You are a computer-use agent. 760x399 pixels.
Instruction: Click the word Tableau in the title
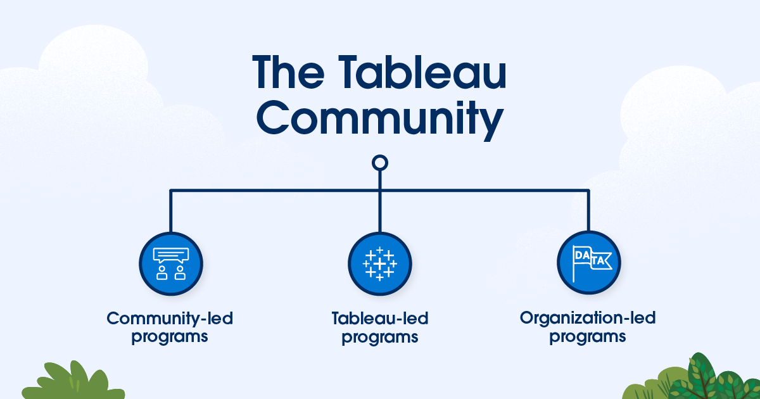pyautogui.click(x=422, y=72)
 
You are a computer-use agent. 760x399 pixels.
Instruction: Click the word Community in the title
pyautogui.click(x=380, y=120)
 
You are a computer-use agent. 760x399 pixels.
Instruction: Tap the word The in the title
pyautogui.click(x=288, y=72)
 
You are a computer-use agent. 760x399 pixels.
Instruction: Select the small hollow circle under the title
pyautogui.click(x=379, y=163)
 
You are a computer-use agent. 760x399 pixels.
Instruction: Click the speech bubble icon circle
pyautogui.click(x=171, y=263)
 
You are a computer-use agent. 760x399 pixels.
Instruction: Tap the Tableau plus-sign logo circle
pyautogui.click(x=379, y=263)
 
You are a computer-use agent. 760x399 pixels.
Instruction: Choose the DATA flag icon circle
pyautogui.click(x=588, y=263)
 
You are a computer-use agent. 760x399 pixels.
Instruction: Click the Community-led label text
pyautogui.click(x=170, y=319)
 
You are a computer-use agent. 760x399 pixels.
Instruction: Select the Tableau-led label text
pyautogui.click(x=379, y=319)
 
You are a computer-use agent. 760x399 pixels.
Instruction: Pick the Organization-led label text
pyautogui.click(x=588, y=318)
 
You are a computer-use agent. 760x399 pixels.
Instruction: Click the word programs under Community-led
pyautogui.click(x=170, y=337)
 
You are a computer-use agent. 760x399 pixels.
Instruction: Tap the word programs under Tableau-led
pyautogui.click(x=379, y=338)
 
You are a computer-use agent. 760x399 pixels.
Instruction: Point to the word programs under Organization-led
pyautogui.click(x=588, y=337)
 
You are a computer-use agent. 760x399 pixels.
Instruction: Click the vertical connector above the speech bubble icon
pyautogui.click(x=170, y=211)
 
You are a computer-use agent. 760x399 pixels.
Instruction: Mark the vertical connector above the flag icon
pyautogui.click(x=588, y=210)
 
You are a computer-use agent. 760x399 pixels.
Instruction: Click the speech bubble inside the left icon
pyautogui.click(x=171, y=255)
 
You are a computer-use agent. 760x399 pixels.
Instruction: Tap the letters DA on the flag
pyautogui.click(x=582, y=255)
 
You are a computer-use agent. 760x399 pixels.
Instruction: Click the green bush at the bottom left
pyautogui.click(x=73, y=382)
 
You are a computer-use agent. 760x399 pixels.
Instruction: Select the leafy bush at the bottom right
pyautogui.click(x=692, y=378)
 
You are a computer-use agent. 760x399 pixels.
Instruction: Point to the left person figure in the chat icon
pyautogui.click(x=162, y=273)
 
